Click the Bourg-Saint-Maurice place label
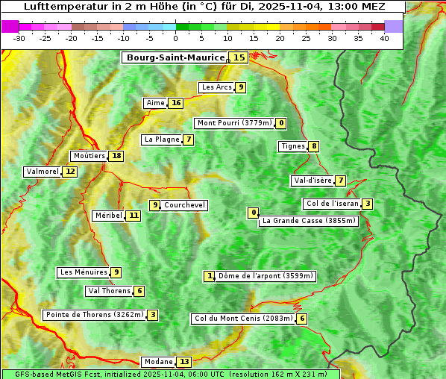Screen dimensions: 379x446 pyautogui.click(x=175, y=57)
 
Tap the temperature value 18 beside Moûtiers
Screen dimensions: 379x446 pyautogui.click(x=116, y=156)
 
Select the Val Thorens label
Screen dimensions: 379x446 pyautogui.click(x=109, y=291)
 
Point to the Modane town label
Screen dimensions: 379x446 pyautogui.click(x=157, y=362)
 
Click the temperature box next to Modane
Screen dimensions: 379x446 pyautogui.click(x=184, y=362)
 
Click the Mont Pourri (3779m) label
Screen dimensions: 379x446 pyautogui.click(x=233, y=123)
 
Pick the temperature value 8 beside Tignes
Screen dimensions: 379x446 pyautogui.click(x=314, y=146)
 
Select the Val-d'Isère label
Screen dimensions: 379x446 pyautogui.click(x=312, y=181)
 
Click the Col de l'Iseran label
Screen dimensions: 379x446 pyautogui.click(x=332, y=204)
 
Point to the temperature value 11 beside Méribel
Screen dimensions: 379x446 pyautogui.click(x=133, y=216)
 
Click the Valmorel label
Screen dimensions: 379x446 pyautogui.click(x=42, y=172)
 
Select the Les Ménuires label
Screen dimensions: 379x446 pyautogui.click(x=83, y=272)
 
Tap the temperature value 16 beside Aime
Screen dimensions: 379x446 pyautogui.click(x=175, y=103)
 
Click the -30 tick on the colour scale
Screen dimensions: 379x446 pyautogui.click(x=19, y=38)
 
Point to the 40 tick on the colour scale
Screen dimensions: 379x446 pyautogui.click(x=384, y=38)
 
